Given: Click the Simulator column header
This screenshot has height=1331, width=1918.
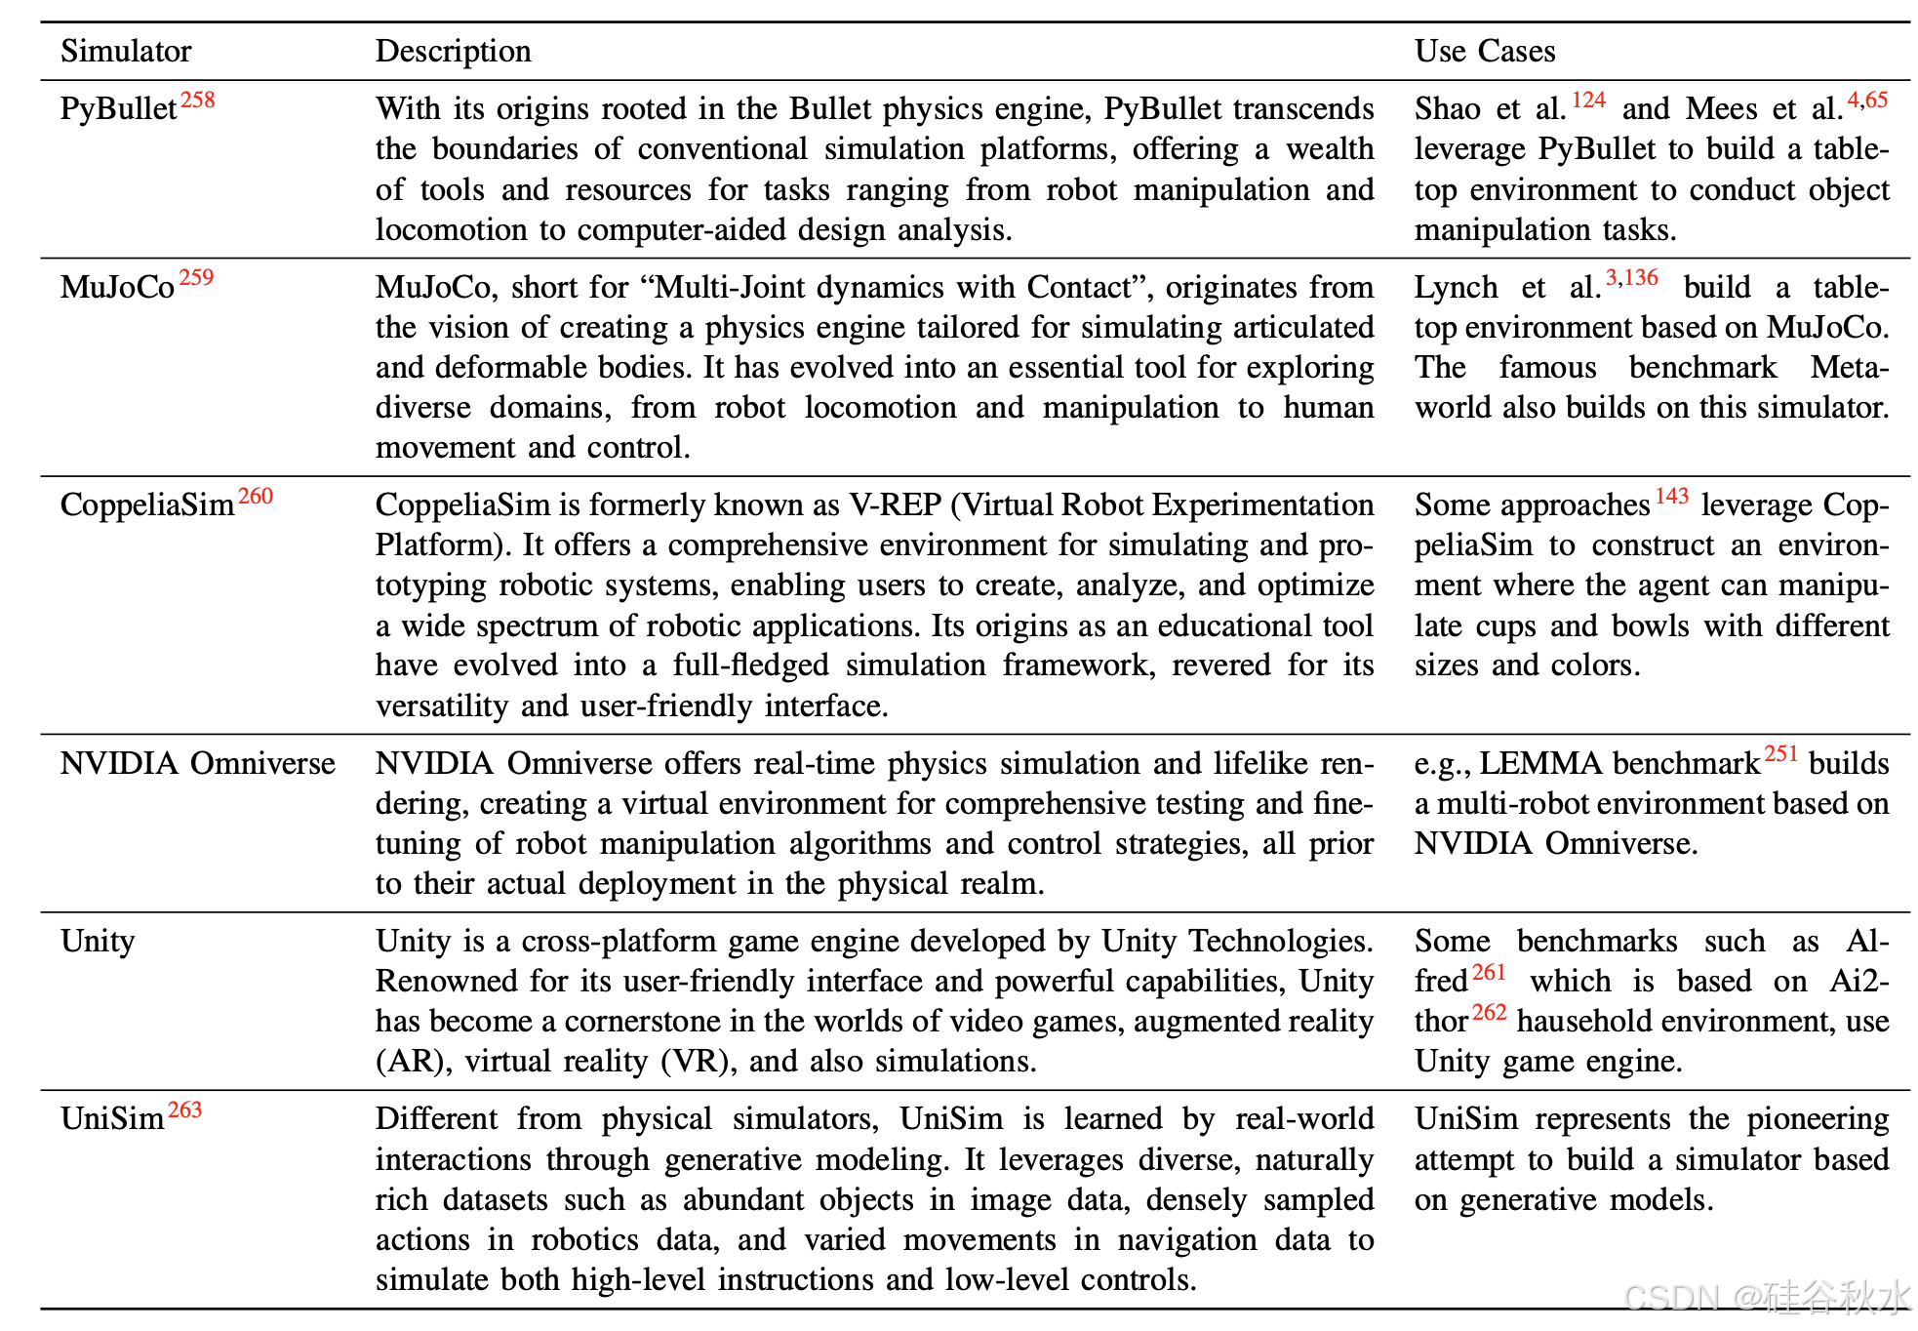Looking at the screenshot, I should tap(126, 51).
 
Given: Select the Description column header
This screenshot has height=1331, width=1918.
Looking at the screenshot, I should tap(453, 51).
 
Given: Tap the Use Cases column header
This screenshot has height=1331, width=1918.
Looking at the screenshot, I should tap(1484, 51).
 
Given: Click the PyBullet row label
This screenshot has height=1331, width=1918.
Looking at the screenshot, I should tap(118, 108).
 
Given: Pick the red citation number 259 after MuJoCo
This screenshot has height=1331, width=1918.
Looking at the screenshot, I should tap(196, 278).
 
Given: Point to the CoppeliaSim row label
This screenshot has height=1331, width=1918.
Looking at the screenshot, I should tap(146, 504).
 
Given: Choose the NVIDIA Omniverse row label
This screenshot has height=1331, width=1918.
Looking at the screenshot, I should tap(197, 763).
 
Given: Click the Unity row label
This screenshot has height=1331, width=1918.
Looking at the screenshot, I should tap(98, 941).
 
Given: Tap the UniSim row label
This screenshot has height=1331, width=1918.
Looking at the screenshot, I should tap(112, 1118).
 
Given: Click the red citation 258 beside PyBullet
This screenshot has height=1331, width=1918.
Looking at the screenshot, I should tap(198, 101).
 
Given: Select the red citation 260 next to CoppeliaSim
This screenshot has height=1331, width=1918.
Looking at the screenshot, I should tap(256, 497).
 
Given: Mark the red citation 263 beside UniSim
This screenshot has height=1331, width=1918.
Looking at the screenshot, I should tap(185, 1110).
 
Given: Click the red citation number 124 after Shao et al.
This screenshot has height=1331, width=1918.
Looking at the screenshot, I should tap(1589, 101).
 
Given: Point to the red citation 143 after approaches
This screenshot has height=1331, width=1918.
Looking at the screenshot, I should tap(1672, 497).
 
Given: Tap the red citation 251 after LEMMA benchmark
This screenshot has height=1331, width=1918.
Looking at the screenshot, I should tap(1781, 754).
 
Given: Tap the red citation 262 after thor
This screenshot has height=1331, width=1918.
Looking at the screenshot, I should tap(1490, 1013).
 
